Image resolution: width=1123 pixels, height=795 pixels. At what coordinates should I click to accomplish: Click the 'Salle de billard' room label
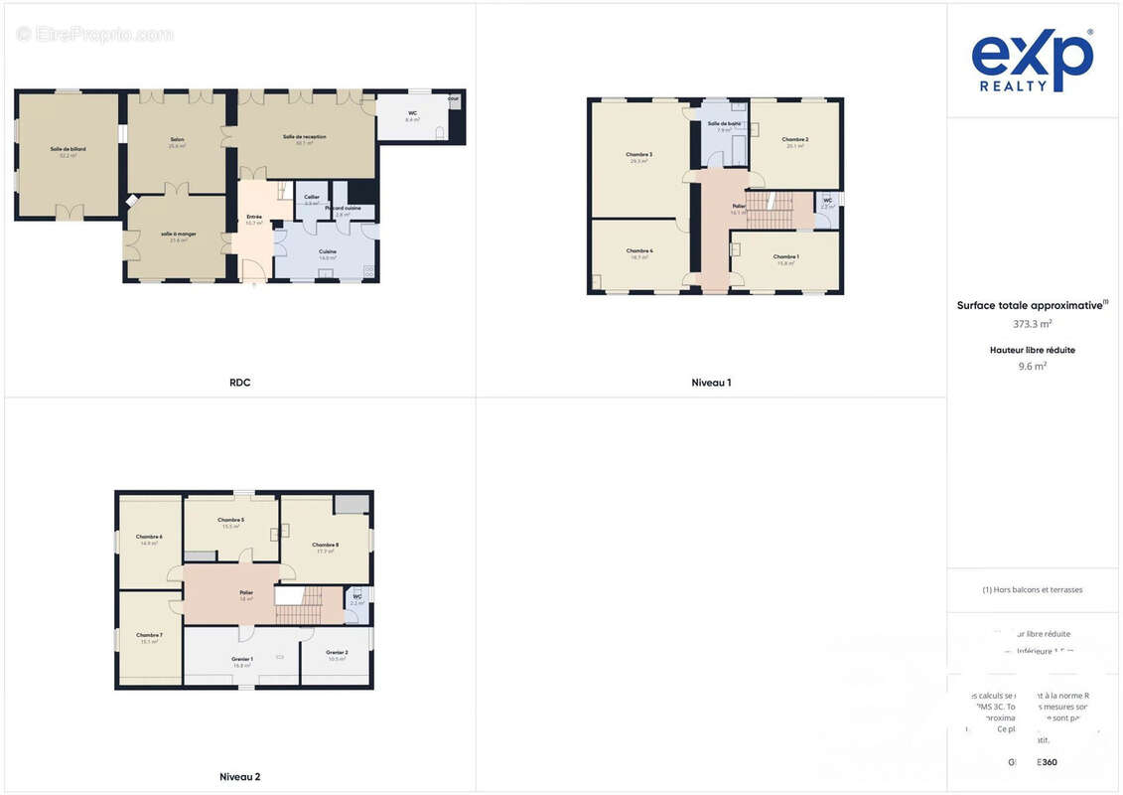[x=69, y=149]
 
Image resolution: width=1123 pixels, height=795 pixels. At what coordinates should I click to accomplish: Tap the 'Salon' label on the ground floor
[x=177, y=139]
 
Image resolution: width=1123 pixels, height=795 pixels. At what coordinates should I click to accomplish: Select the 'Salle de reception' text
[x=304, y=137]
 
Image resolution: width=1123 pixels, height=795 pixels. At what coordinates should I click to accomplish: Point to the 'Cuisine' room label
[x=328, y=251]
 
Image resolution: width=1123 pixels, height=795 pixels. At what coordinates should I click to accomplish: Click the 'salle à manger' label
[x=179, y=234]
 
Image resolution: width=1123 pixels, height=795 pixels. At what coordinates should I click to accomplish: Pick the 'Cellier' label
[x=312, y=197]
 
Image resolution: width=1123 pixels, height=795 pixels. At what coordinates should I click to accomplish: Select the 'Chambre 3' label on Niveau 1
[x=638, y=154]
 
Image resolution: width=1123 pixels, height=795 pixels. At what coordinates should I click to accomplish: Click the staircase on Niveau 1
[x=770, y=210]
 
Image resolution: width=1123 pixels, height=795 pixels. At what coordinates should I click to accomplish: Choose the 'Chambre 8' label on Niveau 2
[x=326, y=545]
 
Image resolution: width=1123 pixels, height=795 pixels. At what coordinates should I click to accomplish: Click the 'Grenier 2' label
[x=337, y=652]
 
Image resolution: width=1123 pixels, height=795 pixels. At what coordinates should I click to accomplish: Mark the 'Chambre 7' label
[x=149, y=635]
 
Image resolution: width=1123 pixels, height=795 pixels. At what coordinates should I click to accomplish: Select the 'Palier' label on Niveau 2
[x=246, y=593]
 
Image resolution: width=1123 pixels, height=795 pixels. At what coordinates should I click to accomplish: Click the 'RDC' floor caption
[x=239, y=383]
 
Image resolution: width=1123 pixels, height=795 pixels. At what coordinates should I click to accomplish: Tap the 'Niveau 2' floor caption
[x=239, y=776]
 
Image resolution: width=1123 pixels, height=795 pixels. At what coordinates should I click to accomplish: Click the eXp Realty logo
[x=1032, y=62]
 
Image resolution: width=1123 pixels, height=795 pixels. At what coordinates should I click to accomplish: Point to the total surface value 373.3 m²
[x=1032, y=323]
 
